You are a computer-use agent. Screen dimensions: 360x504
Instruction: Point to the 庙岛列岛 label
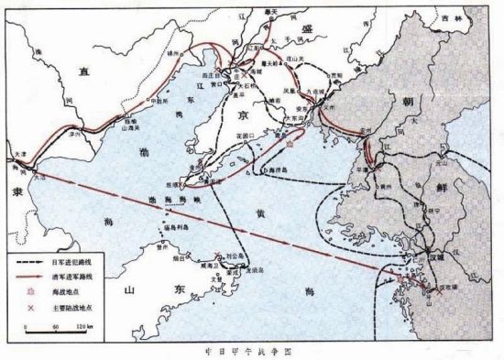[174, 228]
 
